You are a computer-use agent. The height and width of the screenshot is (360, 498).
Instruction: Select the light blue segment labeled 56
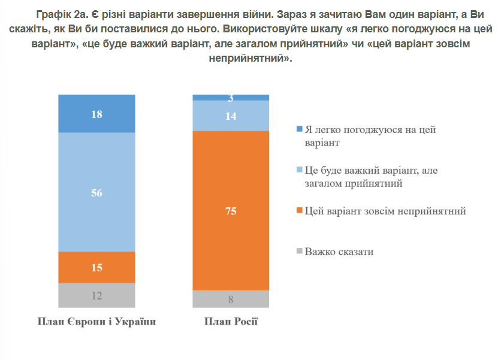[96, 192]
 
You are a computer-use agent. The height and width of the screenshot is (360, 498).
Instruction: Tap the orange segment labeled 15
[96, 267]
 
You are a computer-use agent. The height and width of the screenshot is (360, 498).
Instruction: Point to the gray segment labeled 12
[96, 295]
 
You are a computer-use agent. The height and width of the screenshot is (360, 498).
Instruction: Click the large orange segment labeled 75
[231, 210]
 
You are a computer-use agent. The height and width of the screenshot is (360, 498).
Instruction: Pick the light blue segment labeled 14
[231, 116]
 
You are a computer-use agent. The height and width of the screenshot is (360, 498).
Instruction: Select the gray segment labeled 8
[231, 299]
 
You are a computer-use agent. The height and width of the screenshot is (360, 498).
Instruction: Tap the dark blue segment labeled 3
[231, 98]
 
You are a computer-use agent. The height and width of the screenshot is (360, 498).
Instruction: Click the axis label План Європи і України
[96, 322]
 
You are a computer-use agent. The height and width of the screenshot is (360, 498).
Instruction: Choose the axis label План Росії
[231, 322]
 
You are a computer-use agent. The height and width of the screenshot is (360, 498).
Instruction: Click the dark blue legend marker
[300, 130]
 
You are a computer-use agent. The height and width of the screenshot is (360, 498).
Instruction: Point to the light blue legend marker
[300, 171]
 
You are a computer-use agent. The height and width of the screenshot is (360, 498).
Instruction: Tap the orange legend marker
[300, 211]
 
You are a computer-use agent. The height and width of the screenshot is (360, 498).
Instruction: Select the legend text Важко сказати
[339, 252]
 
